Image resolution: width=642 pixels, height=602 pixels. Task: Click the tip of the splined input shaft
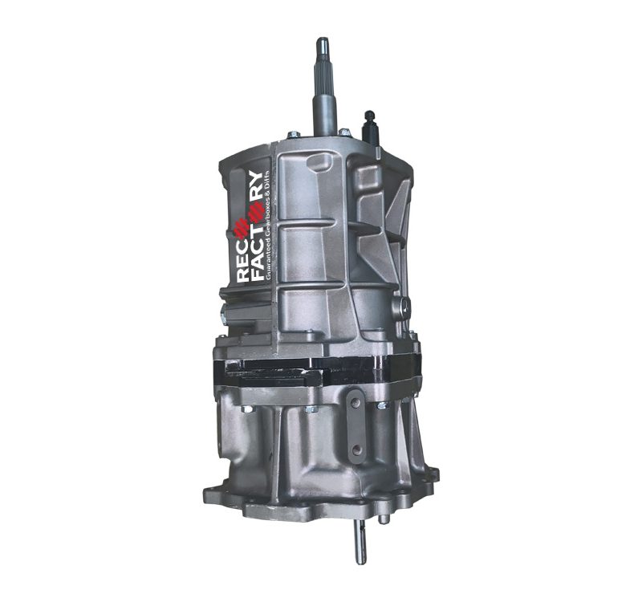coord(323,39)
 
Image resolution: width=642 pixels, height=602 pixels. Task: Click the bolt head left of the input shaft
coord(293,134)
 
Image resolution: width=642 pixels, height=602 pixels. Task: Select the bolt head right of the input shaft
coord(345,132)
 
